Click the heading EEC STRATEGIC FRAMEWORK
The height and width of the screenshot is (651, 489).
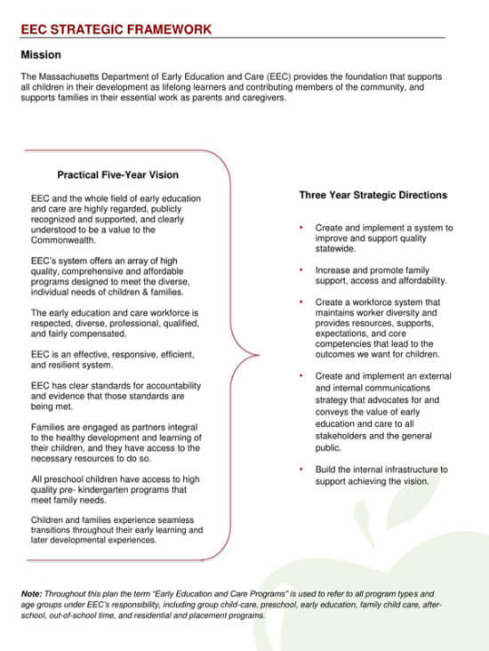pos(116,29)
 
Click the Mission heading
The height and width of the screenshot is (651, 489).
pos(41,55)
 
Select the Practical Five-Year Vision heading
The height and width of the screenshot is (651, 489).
pos(117,175)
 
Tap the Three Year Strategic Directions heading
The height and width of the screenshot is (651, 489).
pos(373,195)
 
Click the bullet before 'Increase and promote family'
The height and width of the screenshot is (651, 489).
pos(303,269)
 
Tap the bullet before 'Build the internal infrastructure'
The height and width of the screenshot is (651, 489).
pos(303,469)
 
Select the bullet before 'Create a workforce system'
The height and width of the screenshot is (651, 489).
pos(303,302)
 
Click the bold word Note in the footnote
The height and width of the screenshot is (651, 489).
pos(32,593)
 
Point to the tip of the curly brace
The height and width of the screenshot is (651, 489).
pos(258,355)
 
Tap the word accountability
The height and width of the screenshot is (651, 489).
pos(168,385)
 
